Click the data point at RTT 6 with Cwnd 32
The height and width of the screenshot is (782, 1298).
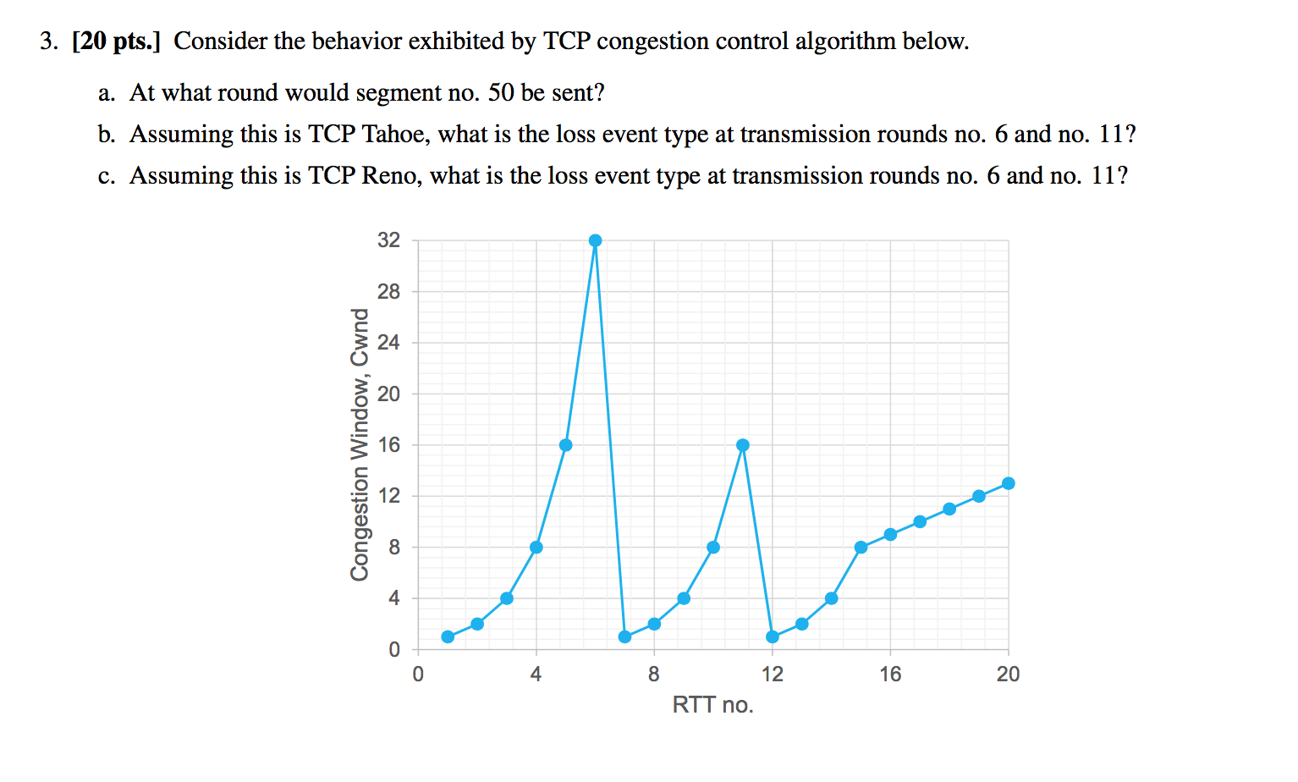595,240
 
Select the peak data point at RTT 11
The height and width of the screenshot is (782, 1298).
743,445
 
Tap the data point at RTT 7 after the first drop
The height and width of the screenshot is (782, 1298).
624,636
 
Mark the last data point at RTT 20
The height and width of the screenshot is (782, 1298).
1008,483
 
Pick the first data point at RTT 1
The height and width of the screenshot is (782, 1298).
448,636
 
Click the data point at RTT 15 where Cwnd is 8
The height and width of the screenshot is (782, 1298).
861,548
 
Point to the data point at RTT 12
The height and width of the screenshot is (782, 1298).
772,636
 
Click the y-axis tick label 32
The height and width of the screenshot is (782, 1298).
388,240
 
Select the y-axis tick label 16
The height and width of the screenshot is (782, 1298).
388,445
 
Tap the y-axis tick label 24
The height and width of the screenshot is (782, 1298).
388,343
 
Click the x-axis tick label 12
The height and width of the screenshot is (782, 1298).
772,675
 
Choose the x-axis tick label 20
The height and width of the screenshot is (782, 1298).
1008,675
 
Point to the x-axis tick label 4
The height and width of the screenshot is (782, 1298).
536,675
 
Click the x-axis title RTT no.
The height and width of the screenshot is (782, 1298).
712,705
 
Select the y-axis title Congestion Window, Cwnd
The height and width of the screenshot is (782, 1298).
360,444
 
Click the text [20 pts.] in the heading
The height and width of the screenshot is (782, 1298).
116,41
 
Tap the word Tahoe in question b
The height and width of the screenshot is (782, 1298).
393,135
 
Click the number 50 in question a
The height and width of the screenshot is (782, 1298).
501,93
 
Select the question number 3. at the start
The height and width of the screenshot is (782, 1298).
49,41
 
